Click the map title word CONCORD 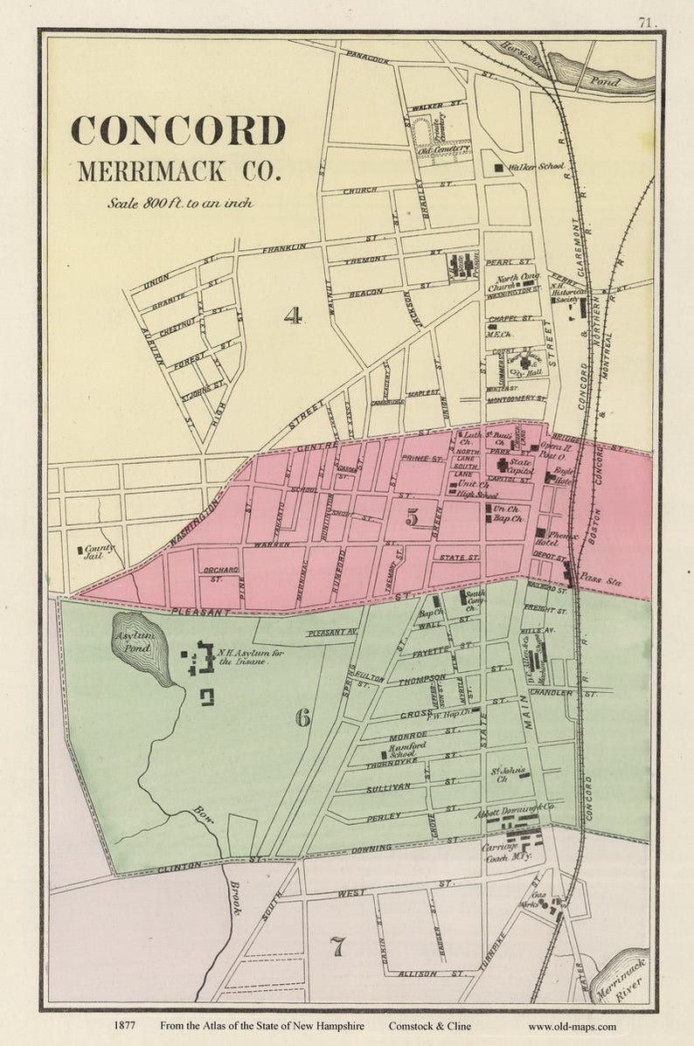pyautogui.click(x=178, y=130)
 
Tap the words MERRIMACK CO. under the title pyautogui.click(x=179, y=170)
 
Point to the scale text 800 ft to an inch pyautogui.click(x=180, y=203)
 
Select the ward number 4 pyautogui.click(x=293, y=315)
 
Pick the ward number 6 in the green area pyautogui.click(x=302, y=718)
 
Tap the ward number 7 pyautogui.click(x=337, y=946)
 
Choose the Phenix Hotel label pyautogui.click(x=565, y=536)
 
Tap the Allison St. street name pyautogui.click(x=419, y=973)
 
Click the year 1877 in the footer pyautogui.click(x=127, y=1027)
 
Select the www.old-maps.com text pyautogui.click(x=572, y=1027)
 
